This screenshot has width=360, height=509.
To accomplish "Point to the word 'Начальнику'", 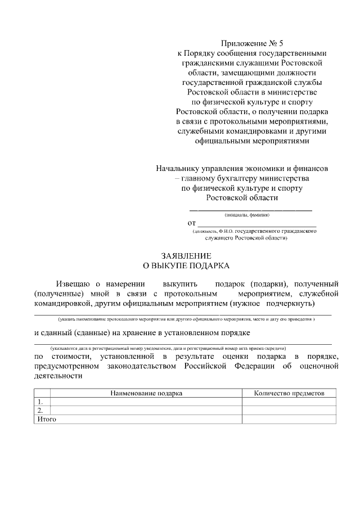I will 181,168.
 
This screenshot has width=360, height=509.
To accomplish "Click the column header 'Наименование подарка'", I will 146,394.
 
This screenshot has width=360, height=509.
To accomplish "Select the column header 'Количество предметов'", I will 289,394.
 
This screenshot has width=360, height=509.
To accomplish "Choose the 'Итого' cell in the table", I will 47,419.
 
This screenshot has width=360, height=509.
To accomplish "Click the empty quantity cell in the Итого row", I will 289,419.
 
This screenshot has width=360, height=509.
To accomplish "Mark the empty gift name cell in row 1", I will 146,402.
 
